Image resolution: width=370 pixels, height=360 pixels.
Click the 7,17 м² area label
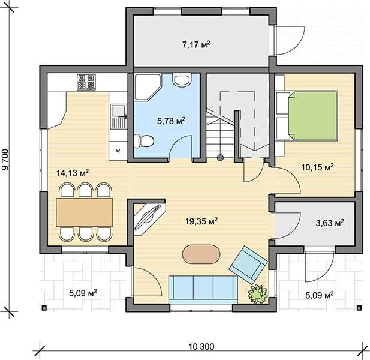(196, 44)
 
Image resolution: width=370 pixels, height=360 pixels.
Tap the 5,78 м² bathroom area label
(171, 121)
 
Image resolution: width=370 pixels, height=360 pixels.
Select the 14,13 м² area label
(73, 173)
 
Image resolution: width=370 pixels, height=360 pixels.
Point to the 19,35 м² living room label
(201, 221)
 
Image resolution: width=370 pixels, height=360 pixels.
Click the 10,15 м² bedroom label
(317, 167)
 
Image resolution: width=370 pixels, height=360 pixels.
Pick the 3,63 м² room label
(330, 223)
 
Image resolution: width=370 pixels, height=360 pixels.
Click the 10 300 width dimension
(201, 347)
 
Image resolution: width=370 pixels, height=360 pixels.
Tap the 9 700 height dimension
(5, 160)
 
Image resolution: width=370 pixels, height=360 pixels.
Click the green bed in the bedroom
(314, 116)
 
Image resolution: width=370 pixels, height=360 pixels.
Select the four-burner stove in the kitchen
(86, 82)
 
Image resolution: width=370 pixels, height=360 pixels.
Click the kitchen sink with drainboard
(119, 116)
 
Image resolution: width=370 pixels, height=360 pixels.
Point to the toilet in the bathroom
(143, 141)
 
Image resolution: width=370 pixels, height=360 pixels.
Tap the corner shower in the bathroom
(148, 88)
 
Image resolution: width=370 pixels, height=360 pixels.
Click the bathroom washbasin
(181, 80)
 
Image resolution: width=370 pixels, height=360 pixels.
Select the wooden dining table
(84, 212)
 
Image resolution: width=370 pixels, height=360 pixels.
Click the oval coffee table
(201, 254)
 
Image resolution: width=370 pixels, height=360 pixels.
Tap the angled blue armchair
(248, 265)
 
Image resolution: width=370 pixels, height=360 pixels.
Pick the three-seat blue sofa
(203, 289)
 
